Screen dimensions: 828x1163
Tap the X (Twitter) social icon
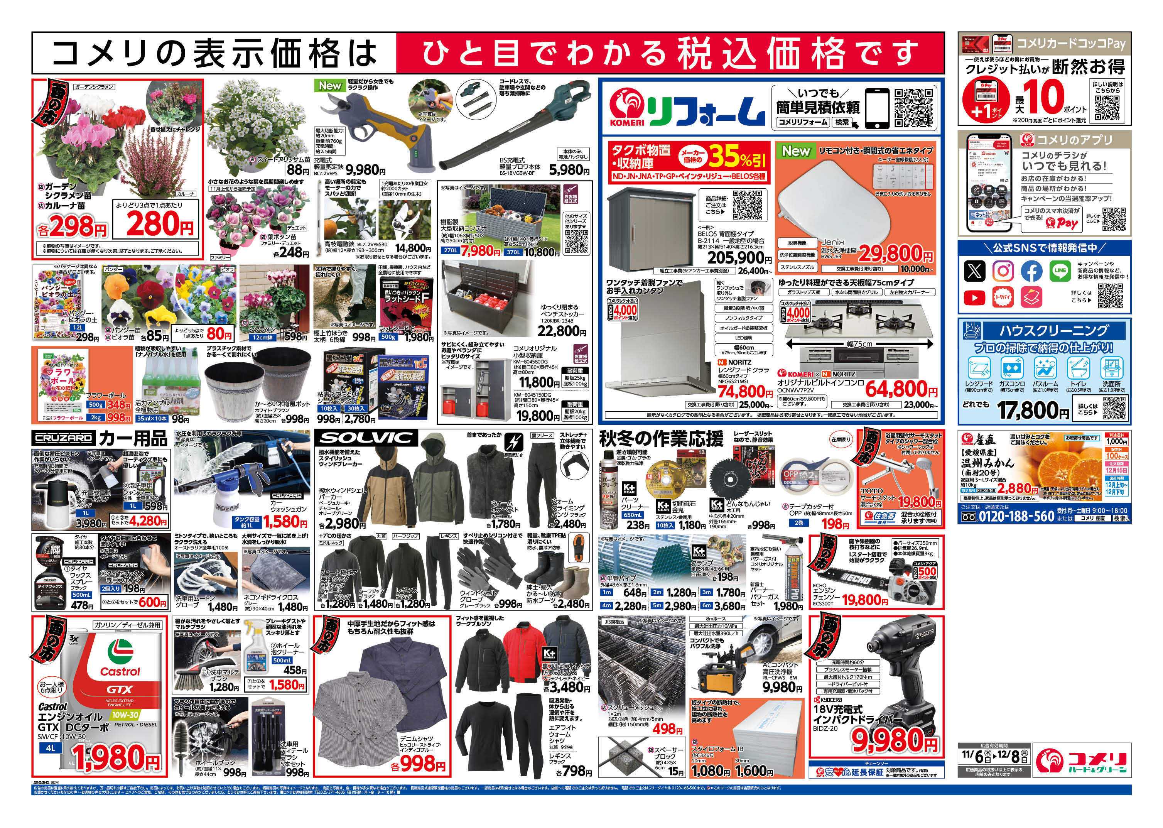(974, 271)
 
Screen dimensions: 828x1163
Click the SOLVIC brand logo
(366, 438)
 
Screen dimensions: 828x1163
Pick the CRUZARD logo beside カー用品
(63, 438)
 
